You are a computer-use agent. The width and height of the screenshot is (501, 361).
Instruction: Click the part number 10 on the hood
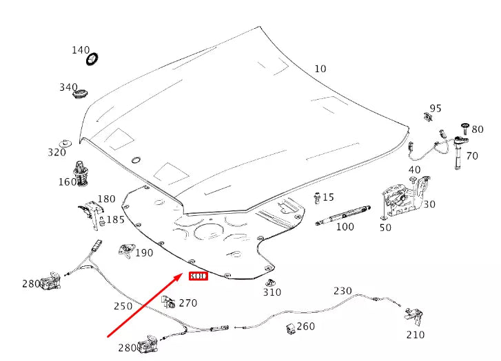pyautogui.click(x=320, y=69)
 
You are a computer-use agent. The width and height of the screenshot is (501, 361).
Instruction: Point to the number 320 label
pyautogui.click(x=57, y=153)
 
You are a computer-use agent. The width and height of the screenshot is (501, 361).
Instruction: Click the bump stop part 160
pyautogui.click(x=83, y=173)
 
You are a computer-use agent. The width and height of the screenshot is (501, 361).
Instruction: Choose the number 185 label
pyautogui.click(x=115, y=220)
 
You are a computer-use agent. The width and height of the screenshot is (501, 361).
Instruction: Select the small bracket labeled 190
pyautogui.click(x=126, y=250)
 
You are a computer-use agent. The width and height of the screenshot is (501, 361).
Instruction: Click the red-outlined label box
pyautogui.click(x=198, y=276)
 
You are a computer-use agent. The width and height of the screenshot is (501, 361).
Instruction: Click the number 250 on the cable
pyautogui.click(x=123, y=306)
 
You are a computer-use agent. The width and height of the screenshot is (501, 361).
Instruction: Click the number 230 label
pyautogui.click(x=342, y=291)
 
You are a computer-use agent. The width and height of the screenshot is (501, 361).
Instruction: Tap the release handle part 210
pyautogui.click(x=413, y=317)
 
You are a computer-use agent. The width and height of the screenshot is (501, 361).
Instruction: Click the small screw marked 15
pyautogui.click(x=317, y=197)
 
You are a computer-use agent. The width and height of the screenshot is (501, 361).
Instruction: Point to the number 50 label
pyautogui.click(x=385, y=228)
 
